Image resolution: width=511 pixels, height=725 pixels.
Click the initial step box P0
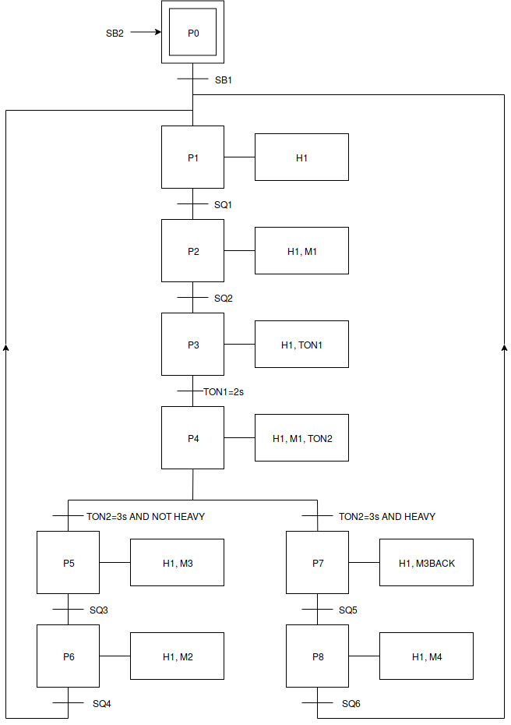[x=192, y=33]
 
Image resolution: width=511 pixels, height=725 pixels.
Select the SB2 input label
[x=115, y=33]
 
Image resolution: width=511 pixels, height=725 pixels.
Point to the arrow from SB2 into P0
[x=146, y=33]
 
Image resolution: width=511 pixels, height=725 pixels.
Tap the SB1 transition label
[x=224, y=80]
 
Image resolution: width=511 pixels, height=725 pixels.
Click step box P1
[x=192, y=157]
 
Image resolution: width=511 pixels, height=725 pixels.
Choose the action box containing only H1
[x=301, y=157]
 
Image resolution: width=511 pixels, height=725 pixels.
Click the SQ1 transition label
[x=224, y=204]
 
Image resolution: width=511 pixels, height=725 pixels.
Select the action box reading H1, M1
[x=301, y=251]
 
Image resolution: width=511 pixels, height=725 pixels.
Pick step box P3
[x=192, y=345]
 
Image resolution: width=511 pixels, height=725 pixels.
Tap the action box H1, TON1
[x=301, y=345]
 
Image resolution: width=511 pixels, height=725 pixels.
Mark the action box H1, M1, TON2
[x=301, y=438]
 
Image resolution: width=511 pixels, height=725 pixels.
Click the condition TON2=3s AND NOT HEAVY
[x=145, y=516]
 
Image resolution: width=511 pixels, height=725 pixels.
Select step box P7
[x=317, y=563]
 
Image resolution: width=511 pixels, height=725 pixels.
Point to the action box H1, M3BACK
[x=426, y=563]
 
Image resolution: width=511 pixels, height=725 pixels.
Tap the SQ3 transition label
[x=99, y=610]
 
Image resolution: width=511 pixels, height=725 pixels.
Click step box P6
[x=68, y=656]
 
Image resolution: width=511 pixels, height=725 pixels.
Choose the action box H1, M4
[x=426, y=656]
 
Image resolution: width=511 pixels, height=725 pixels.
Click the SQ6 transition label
[x=351, y=704]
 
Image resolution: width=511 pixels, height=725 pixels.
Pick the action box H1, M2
[x=177, y=656]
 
